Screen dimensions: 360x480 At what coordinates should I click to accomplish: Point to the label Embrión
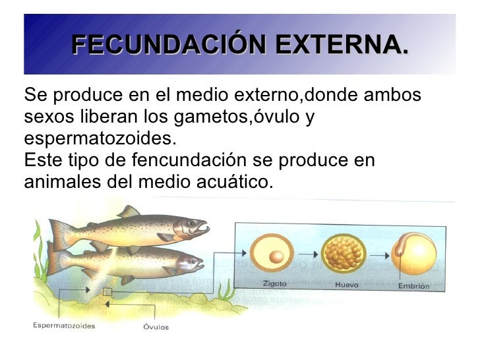coord(413,286)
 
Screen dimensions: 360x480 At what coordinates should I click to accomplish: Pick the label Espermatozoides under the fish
coord(65,326)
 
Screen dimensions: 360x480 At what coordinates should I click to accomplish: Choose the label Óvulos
coord(156,326)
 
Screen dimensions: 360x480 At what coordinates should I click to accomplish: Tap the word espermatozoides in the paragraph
coord(100,139)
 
